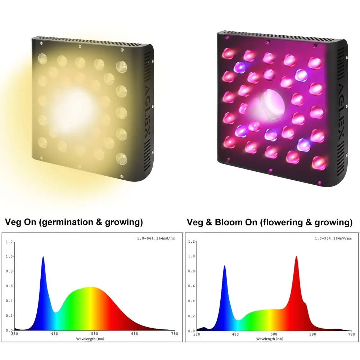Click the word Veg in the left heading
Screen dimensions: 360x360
pyautogui.click(x=13, y=222)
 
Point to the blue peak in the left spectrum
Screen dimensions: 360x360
pyautogui.click(x=43, y=258)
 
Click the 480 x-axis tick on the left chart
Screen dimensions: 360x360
pyautogui.click(x=54, y=334)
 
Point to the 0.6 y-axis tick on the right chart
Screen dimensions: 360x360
pyautogui.click(x=191, y=286)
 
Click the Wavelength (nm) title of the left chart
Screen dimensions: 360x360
pyautogui.click(x=90, y=339)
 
